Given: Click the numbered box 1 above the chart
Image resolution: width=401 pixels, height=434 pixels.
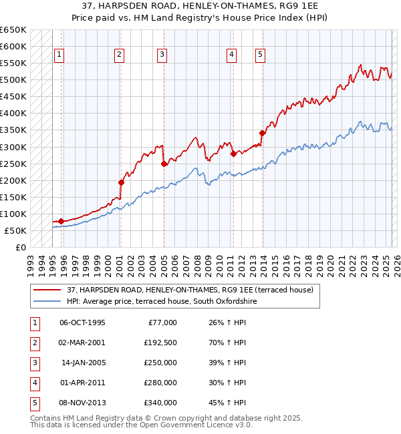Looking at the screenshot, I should pos(59,55).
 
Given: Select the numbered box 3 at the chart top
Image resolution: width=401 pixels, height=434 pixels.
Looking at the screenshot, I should pos(162,55).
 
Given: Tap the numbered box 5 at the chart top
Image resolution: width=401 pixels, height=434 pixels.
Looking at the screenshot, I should pos(260,55).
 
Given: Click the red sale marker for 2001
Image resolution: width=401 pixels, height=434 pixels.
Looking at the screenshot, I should pos(121,182).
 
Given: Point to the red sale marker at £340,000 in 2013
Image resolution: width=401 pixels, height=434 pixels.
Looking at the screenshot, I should pos(263,133).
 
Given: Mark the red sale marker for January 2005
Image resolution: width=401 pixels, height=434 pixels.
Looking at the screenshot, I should pos(164,163).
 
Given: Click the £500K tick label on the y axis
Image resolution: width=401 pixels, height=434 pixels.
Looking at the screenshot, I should pos(13,80).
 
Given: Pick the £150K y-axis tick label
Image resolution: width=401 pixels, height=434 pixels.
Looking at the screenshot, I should pos(13,197).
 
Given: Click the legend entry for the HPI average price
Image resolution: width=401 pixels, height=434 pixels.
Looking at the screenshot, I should pos(162,302).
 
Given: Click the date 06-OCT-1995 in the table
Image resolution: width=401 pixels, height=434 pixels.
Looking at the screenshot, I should pos(82,322).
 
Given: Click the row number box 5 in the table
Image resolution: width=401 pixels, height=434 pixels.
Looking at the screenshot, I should pos(35,403).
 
